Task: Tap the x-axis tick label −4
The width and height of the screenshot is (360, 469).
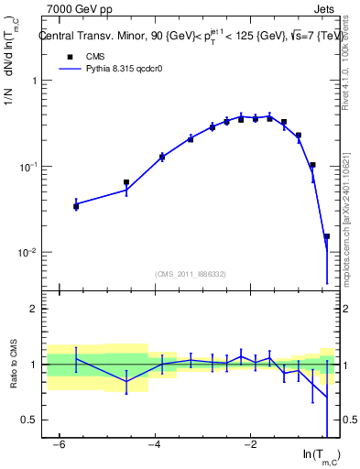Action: [x=155, y=443]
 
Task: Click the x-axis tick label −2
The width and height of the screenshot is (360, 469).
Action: [x=249, y=443]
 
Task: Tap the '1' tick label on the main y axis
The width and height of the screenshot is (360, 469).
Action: [x=35, y=81]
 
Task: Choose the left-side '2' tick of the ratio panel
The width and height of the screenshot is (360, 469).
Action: [x=35, y=309]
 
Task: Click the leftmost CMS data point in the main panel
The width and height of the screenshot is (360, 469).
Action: [x=76, y=207]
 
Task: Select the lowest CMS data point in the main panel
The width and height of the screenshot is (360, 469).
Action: [x=326, y=236]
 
